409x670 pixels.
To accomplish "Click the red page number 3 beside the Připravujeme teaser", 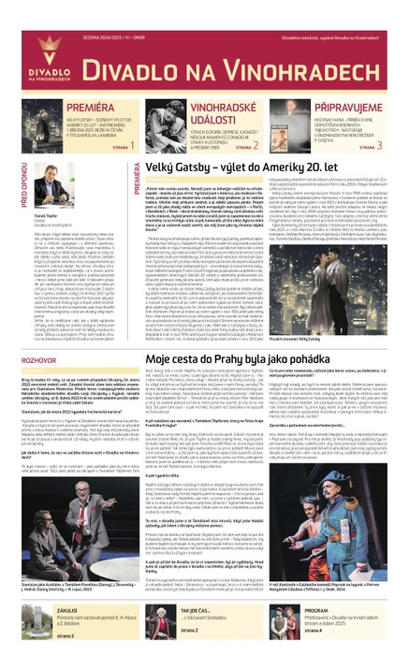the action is (377, 146).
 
